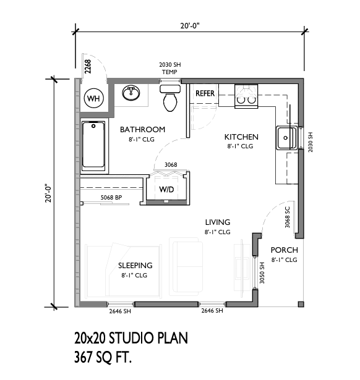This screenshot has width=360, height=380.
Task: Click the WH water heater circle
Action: tap(93, 98)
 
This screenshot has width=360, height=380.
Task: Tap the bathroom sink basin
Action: tap(131, 93)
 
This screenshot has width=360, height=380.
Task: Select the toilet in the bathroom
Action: tap(170, 98)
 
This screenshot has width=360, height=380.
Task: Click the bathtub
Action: tap(93, 145)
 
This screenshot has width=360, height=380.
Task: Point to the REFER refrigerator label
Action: tap(205, 93)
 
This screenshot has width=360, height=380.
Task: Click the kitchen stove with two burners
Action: tap(246, 96)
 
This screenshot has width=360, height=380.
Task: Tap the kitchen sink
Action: tap(287, 138)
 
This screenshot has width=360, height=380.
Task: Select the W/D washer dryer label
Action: tap(166, 189)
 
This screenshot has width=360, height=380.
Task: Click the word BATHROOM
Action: tap(143, 129)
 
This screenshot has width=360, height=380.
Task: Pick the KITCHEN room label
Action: tap(241, 137)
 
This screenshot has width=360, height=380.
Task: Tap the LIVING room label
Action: tap(218, 222)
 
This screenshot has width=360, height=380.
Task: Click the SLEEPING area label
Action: tap(135, 265)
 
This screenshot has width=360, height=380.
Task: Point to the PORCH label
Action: tap(285, 250)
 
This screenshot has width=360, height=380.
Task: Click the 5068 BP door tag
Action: tap(111, 198)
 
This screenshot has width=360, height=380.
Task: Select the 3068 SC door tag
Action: tap(287, 217)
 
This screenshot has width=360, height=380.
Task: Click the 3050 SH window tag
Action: tap(262, 273)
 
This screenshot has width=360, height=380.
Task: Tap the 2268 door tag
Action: tap(88, 67)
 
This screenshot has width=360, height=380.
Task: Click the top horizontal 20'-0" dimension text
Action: tap(190, 25)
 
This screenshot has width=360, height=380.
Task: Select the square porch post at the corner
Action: tap(301, 304)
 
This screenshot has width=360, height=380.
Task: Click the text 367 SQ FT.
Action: tap(103, 357)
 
